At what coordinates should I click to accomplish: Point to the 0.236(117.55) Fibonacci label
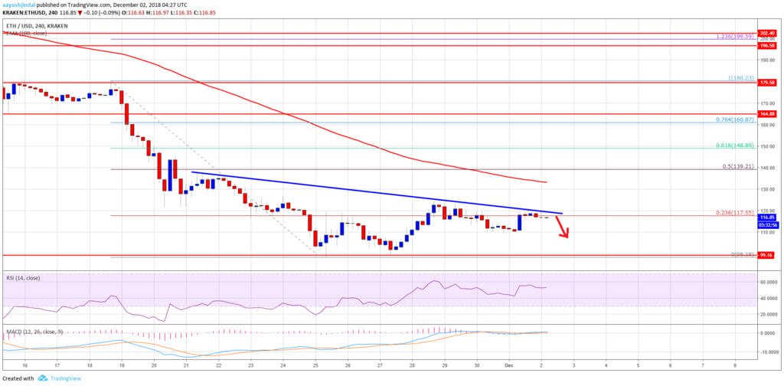[x=736, y=212]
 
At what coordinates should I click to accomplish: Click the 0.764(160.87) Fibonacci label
[x=736, y=119]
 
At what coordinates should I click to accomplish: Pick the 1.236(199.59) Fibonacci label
[x=736, y=36]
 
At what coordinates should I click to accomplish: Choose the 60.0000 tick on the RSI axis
[x=767, y=283]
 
